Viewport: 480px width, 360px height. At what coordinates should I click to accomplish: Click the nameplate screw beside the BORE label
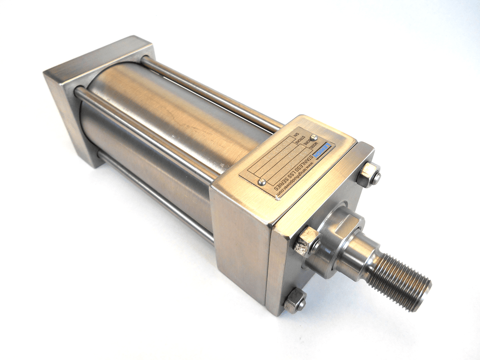tap(314, 137)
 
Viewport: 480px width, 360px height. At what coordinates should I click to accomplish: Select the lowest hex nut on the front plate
tap(295, 300)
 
